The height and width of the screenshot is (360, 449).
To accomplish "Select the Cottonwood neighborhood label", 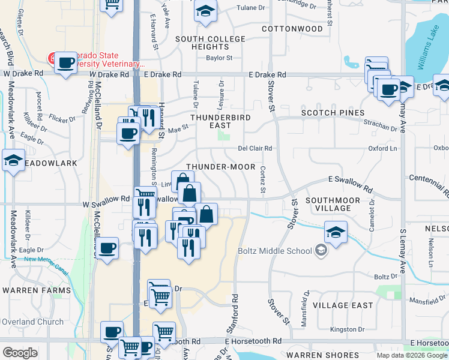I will click(292, 28).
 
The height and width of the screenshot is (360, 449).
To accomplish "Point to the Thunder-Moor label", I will click(220, 167).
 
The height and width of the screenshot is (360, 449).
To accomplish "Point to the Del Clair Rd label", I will click(255, 148).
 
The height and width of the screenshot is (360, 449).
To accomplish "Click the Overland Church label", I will click(32, 322).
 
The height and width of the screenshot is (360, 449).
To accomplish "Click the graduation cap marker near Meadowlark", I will click(13, 161).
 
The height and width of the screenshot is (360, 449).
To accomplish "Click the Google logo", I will click(20, 353).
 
